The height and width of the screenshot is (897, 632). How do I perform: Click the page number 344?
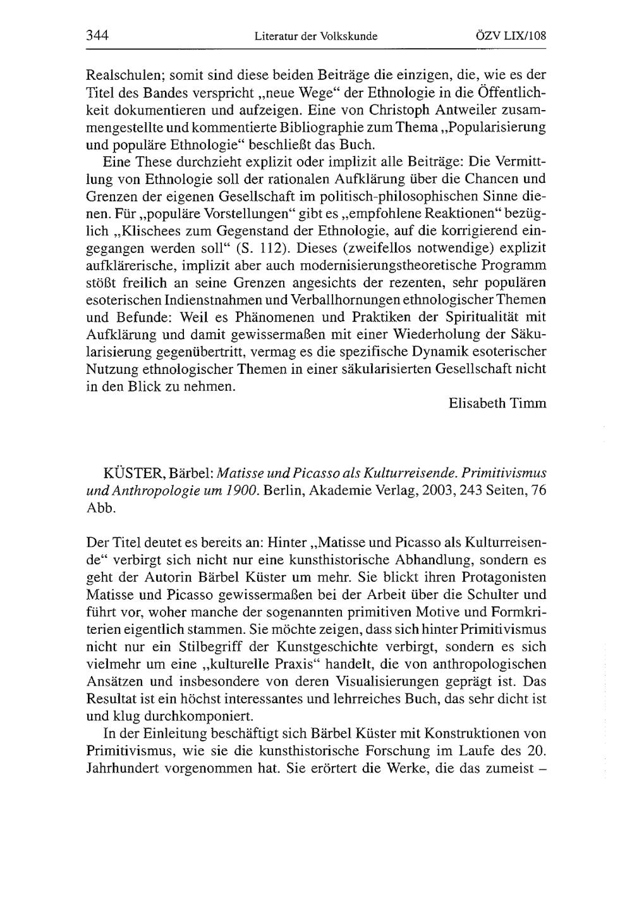[x=97, y=36]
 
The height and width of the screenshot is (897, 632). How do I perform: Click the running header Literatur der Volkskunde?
[x=315, y=37]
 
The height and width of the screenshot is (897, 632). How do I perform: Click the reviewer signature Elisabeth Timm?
[x=497, y=403]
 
